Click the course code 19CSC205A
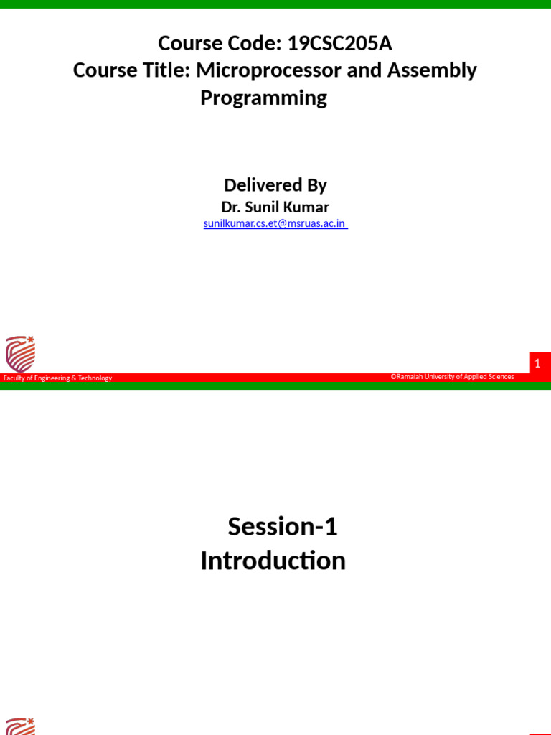pyautogui.click(x=339, y=44)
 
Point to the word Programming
pyautogui.click(x=263, y=98)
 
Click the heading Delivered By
pyautogui.click(x=275, y=185)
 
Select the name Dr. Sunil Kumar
pyautogui.click(x=275, y=207)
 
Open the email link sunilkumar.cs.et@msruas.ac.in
pyautogui.click(x=275, y=223)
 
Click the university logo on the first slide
pyautogui.click(x=20, y=353)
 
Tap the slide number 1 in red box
pyautogui.click(x=537, y=364)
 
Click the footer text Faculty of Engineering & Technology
pyautogui.click(x=57, y=378)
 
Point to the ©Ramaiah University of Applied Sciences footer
pyautogui.click(x=452, y=376)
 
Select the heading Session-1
pyautogui.click(x=282, y=527)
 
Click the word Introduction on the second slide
pyautogui.click(x=273, y=561)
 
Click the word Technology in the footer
pyautogui.click(x=95, y=378)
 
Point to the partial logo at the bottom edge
pyautogui.click(x=20, y=726)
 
